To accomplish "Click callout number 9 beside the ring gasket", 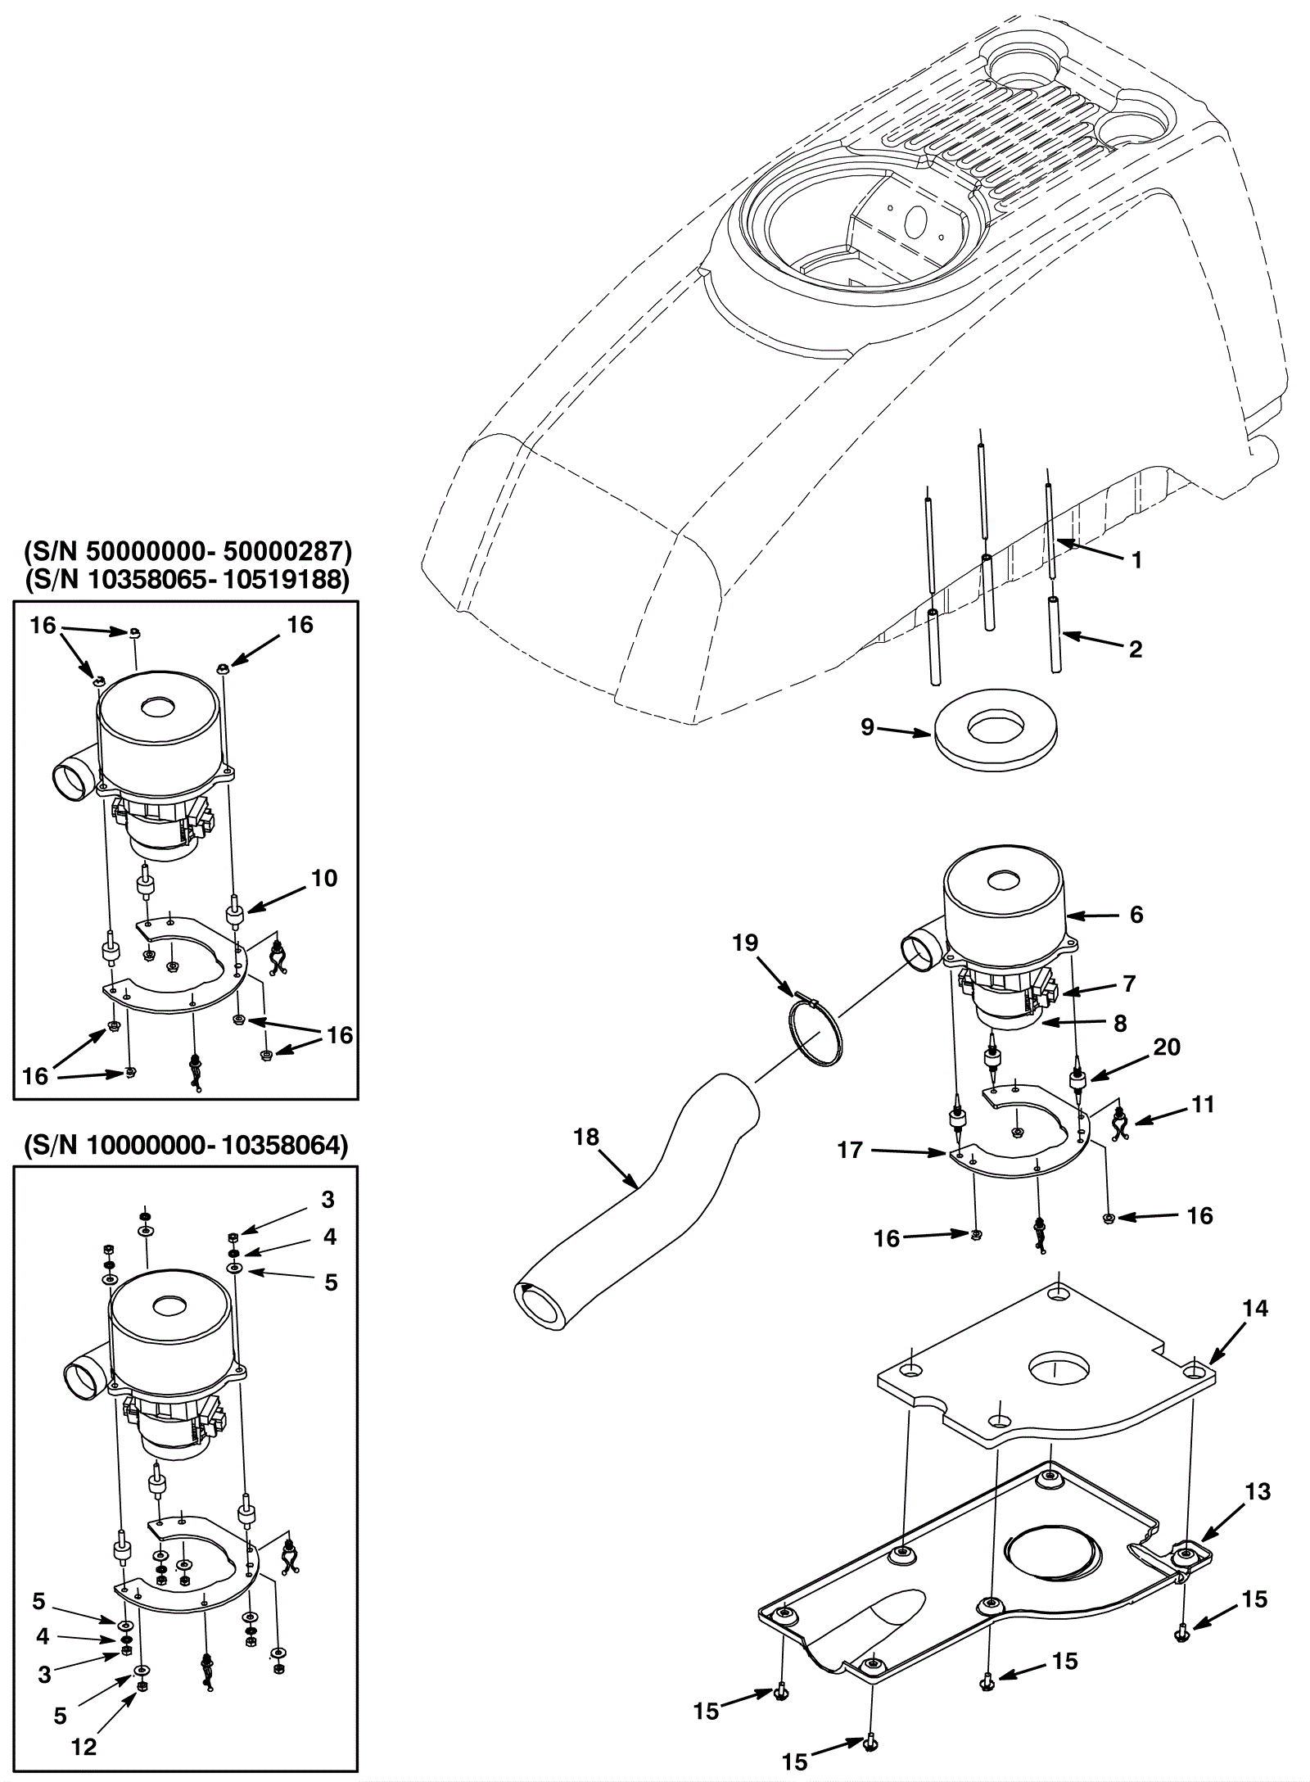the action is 868,726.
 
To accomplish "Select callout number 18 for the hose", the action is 586,1137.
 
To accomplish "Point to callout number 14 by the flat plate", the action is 1254,1309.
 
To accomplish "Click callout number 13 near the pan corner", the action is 1258,1492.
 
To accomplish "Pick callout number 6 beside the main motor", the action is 1136,915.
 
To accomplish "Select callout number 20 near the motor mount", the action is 1167,1047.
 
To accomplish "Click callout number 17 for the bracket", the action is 850,1151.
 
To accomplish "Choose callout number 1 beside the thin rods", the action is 1136,560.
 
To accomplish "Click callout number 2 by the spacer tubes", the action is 1136,649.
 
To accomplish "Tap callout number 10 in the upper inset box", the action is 324,879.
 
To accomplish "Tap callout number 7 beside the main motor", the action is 1129,984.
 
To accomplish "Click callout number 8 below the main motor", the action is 1120,1024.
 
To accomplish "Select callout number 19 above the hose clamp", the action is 745,943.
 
